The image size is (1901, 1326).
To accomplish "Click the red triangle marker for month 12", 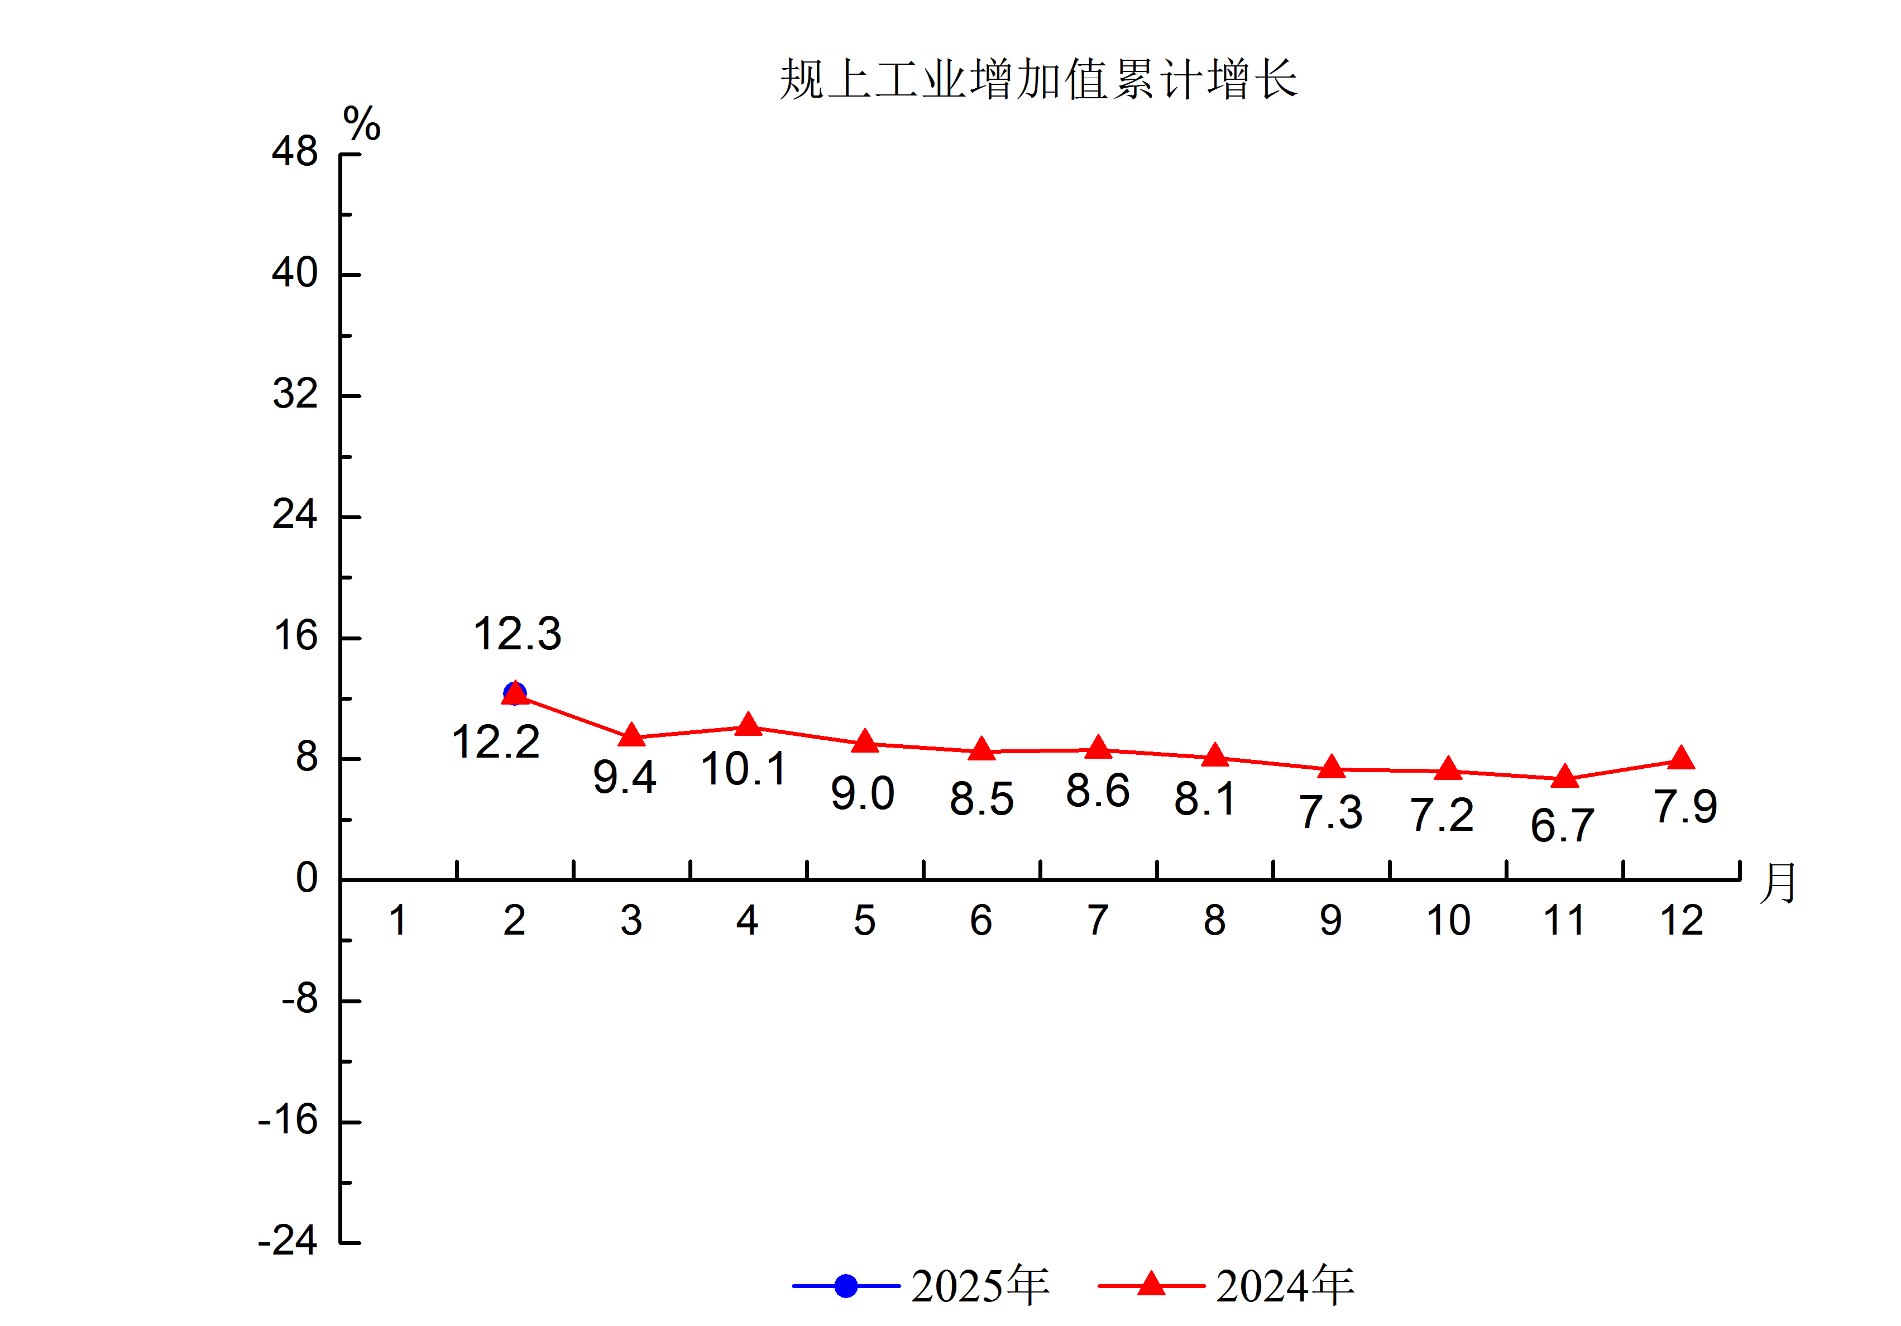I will click(1681, 759).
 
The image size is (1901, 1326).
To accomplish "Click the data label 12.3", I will click(518, 634).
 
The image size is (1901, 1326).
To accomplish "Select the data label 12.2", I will click(495, 742).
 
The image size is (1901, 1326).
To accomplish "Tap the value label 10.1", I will click(744, 769).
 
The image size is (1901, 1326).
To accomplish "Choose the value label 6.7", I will click(1562, 826).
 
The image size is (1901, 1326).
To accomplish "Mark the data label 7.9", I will click(1685, 807).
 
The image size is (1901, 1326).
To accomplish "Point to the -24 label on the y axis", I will click(288, 1241).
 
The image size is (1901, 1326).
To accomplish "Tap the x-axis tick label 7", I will click(1098, 920).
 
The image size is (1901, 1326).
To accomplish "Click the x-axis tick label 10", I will click(1448, 920).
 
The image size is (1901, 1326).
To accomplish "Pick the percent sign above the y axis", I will click(362, 125).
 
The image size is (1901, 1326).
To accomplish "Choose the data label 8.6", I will click(1098, 791).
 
